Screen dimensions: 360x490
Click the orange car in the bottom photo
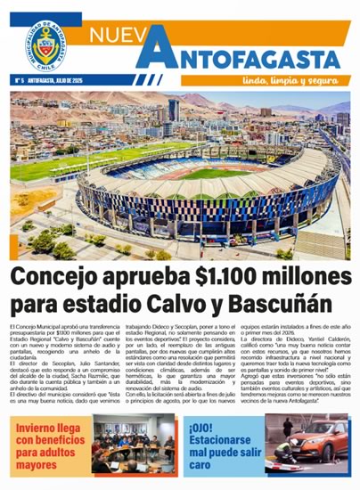point(316,450)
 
